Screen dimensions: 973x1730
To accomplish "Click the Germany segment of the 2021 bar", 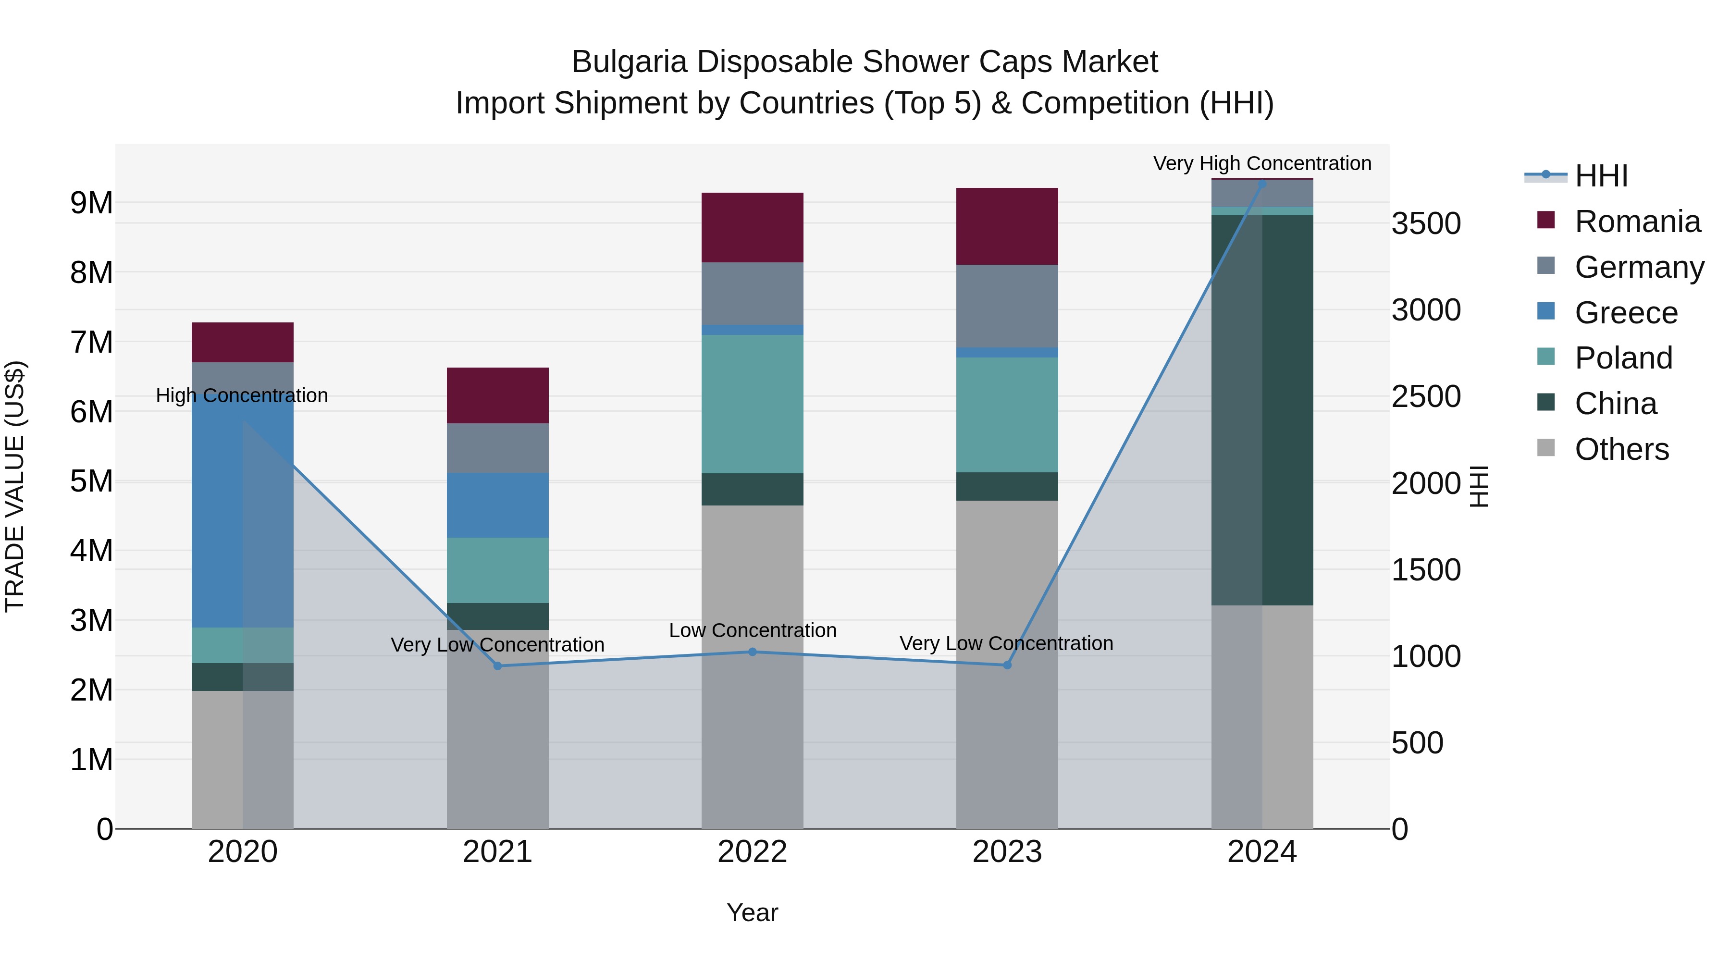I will (498, 447).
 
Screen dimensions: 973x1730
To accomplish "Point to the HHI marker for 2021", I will (498, 665).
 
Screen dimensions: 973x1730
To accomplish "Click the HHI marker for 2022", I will (752, 652).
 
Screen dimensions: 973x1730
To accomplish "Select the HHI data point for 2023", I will (1007, 665).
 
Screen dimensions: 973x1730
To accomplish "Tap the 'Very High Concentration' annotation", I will (1262, 163).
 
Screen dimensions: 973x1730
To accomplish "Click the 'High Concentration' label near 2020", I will (242, 395).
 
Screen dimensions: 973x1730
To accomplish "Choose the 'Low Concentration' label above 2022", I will (752, 630).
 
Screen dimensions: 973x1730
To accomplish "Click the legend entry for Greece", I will (1625, 313).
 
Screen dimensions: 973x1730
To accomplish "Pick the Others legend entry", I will (1621, 449).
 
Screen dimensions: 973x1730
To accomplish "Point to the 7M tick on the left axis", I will (91, 342).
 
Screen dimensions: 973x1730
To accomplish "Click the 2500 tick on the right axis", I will (1425, 396).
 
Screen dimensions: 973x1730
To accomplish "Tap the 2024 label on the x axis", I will (1262, 851).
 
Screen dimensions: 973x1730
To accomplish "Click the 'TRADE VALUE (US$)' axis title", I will (15, 486).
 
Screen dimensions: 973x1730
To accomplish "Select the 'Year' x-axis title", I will (752, 912).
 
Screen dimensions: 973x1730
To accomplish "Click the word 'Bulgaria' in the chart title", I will (629, 62).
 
